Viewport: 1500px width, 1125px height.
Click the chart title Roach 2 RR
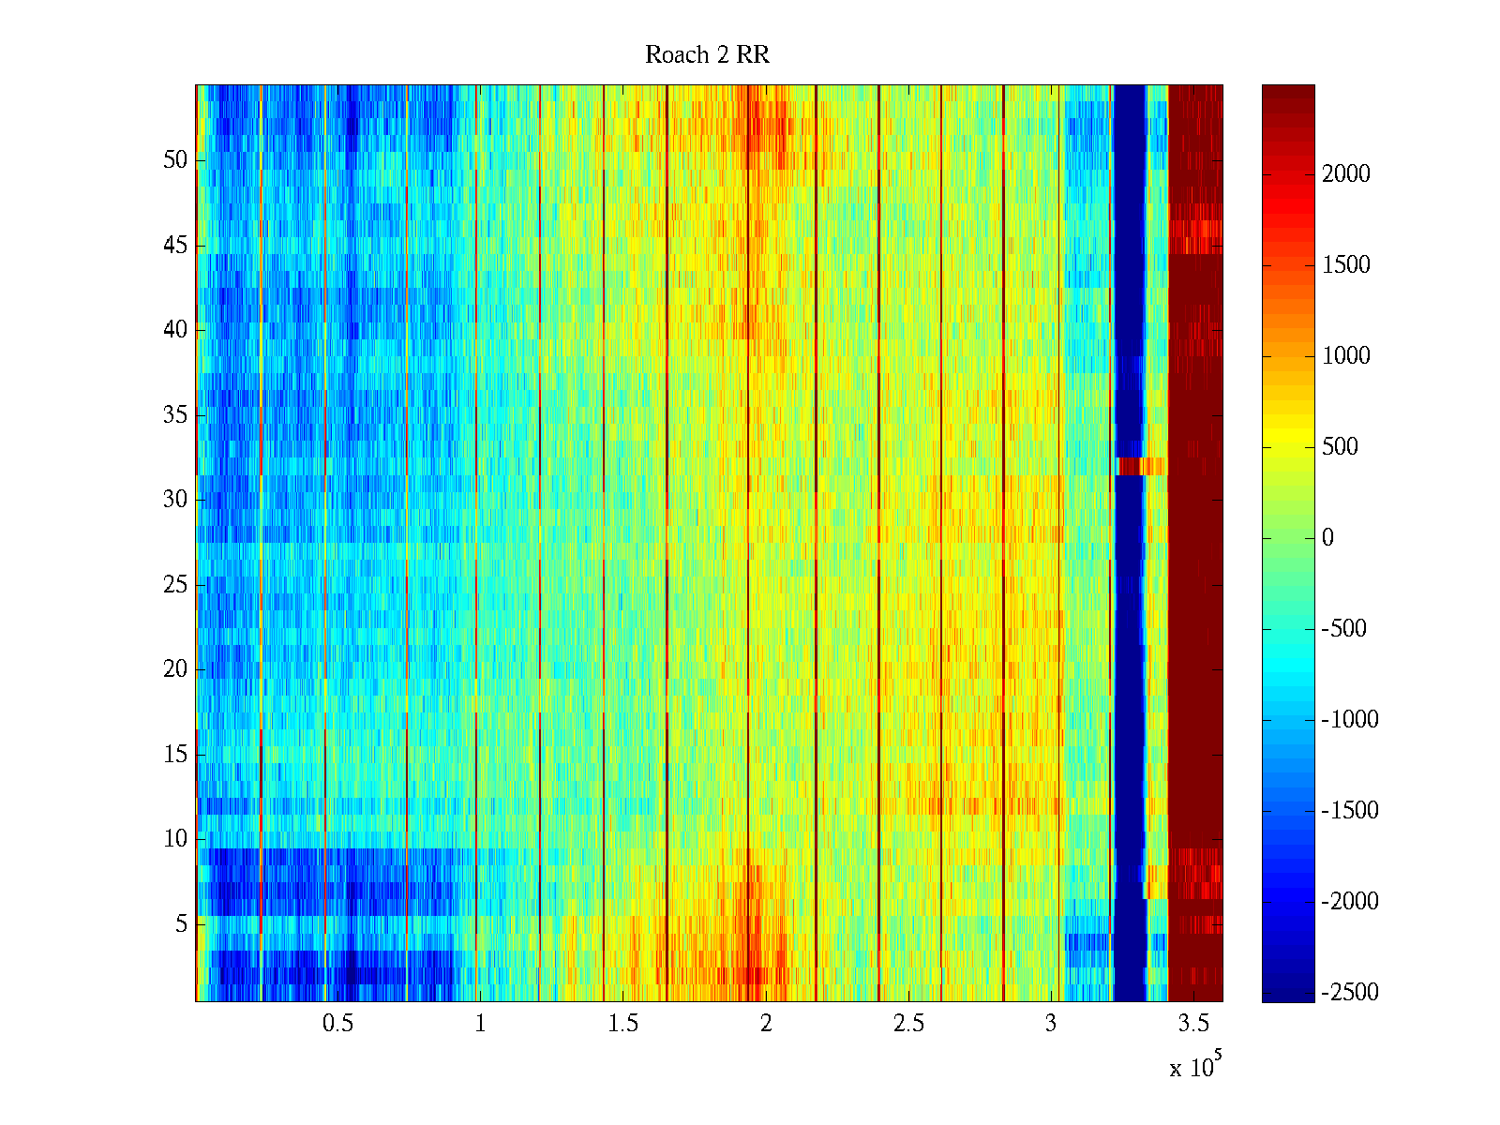[x=707, y=55]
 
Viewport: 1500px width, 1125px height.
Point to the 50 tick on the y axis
[x=175, y=160]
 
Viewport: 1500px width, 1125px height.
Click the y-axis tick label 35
[x=175, y=415]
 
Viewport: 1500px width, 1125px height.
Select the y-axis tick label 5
[x=181, y=924]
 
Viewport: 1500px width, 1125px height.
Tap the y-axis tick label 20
[x=175, y=669]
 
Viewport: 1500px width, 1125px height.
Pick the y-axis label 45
[x=175, y=246]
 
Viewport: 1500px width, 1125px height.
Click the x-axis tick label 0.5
[x=337, y=1024]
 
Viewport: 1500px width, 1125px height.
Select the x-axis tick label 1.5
[x=622, y=1024]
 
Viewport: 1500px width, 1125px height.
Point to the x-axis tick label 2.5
[x=908, y=1024]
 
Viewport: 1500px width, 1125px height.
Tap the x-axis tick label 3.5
[x=1193, y=1024]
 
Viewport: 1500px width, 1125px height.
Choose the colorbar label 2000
[x=1346, y=174]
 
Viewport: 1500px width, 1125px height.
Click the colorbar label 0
[x=1327, y=538]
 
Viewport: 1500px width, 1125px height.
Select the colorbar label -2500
[x=1350, y=993]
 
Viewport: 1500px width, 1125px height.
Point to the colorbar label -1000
[x=1350, y=720]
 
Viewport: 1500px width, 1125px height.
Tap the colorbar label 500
[x=1341, y=447]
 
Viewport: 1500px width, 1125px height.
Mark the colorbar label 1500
[x=1346, y=265]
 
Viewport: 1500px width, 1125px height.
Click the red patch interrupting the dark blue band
[x=1140, y=466]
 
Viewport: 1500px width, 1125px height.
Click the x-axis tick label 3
[x=1051, y=1024]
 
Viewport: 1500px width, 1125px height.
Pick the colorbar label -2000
[x=1350, y=902]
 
